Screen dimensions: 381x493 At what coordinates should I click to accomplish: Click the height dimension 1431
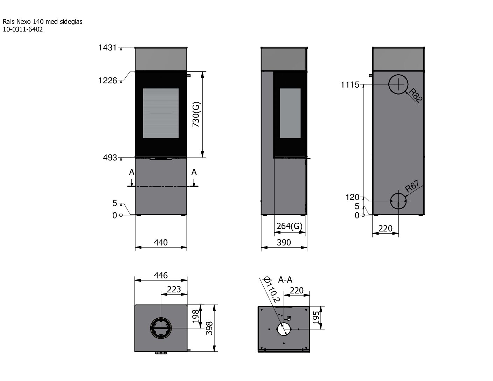(107, 48)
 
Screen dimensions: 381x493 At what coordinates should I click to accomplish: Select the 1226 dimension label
(107, 81)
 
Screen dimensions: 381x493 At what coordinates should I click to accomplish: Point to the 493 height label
(110, 158)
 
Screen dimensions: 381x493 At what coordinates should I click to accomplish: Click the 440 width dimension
(161, 242)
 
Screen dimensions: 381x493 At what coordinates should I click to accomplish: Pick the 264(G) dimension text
(289, 226)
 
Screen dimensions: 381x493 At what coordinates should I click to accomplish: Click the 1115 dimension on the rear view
(350, 85)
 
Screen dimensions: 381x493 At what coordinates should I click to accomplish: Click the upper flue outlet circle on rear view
(398, 84)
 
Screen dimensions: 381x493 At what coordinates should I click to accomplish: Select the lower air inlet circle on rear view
(398, 201)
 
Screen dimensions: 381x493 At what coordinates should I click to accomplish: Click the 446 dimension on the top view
(161, 276)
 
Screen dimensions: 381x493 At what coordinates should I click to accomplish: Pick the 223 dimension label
(174, 289)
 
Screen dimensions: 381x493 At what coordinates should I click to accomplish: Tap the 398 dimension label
(209, 328)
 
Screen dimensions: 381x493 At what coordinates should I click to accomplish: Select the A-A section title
(285, 280)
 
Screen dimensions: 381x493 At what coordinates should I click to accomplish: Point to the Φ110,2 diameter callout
(271, 290)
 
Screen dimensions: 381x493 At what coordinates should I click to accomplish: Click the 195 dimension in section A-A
(316, 318)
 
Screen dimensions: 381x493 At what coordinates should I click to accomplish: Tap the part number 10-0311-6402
(23, 30)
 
